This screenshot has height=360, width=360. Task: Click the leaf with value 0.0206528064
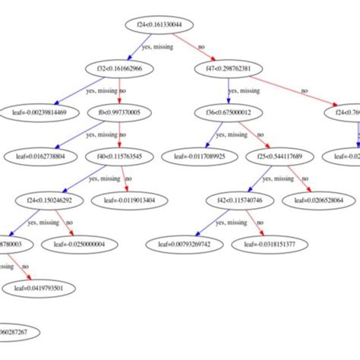[320, 201]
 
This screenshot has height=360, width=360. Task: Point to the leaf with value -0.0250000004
[79, 245]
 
